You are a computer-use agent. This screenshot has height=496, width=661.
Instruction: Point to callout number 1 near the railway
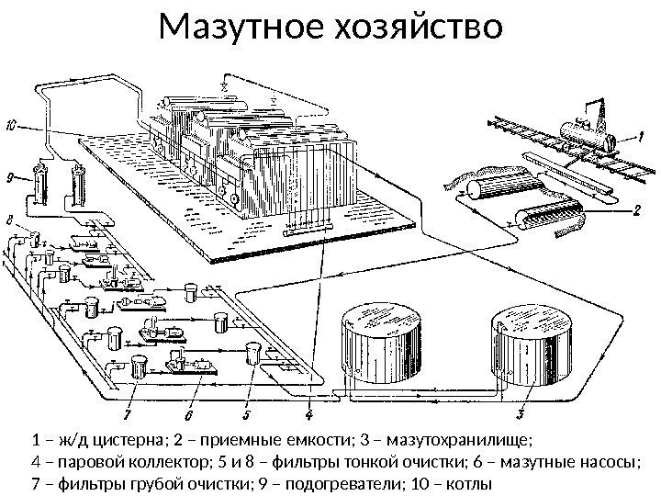click(629, 136)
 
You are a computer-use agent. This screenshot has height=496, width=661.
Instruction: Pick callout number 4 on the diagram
click(308, 401)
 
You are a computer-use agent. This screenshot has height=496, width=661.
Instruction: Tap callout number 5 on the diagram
click(247, 401)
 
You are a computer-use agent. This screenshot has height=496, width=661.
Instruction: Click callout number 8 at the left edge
click(9, 220)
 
